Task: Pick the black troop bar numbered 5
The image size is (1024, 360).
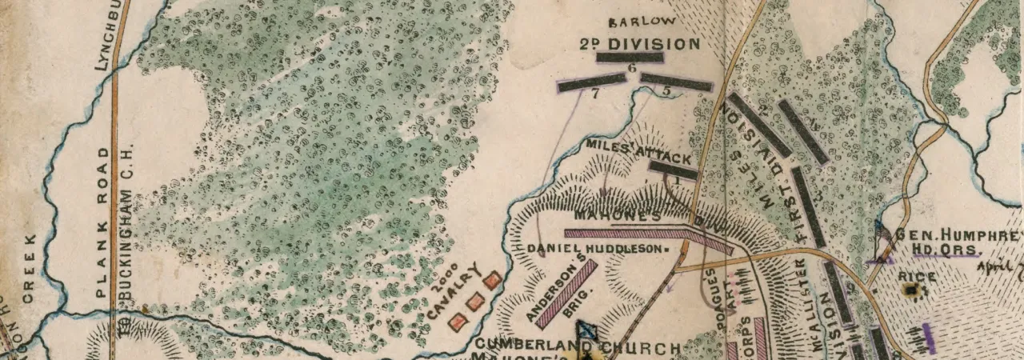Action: [677, 82]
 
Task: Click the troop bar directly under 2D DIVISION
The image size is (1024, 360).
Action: [630, 58]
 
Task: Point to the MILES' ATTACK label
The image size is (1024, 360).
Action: [638, 150]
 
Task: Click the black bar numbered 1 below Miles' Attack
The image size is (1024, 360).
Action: [673, 169]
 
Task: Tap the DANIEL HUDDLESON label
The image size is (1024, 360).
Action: [596, 249]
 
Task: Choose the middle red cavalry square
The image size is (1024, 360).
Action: [475, 301]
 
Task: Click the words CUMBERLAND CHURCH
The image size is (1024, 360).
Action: [577, 348]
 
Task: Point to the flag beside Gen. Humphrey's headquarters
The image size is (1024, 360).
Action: [882, 241]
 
